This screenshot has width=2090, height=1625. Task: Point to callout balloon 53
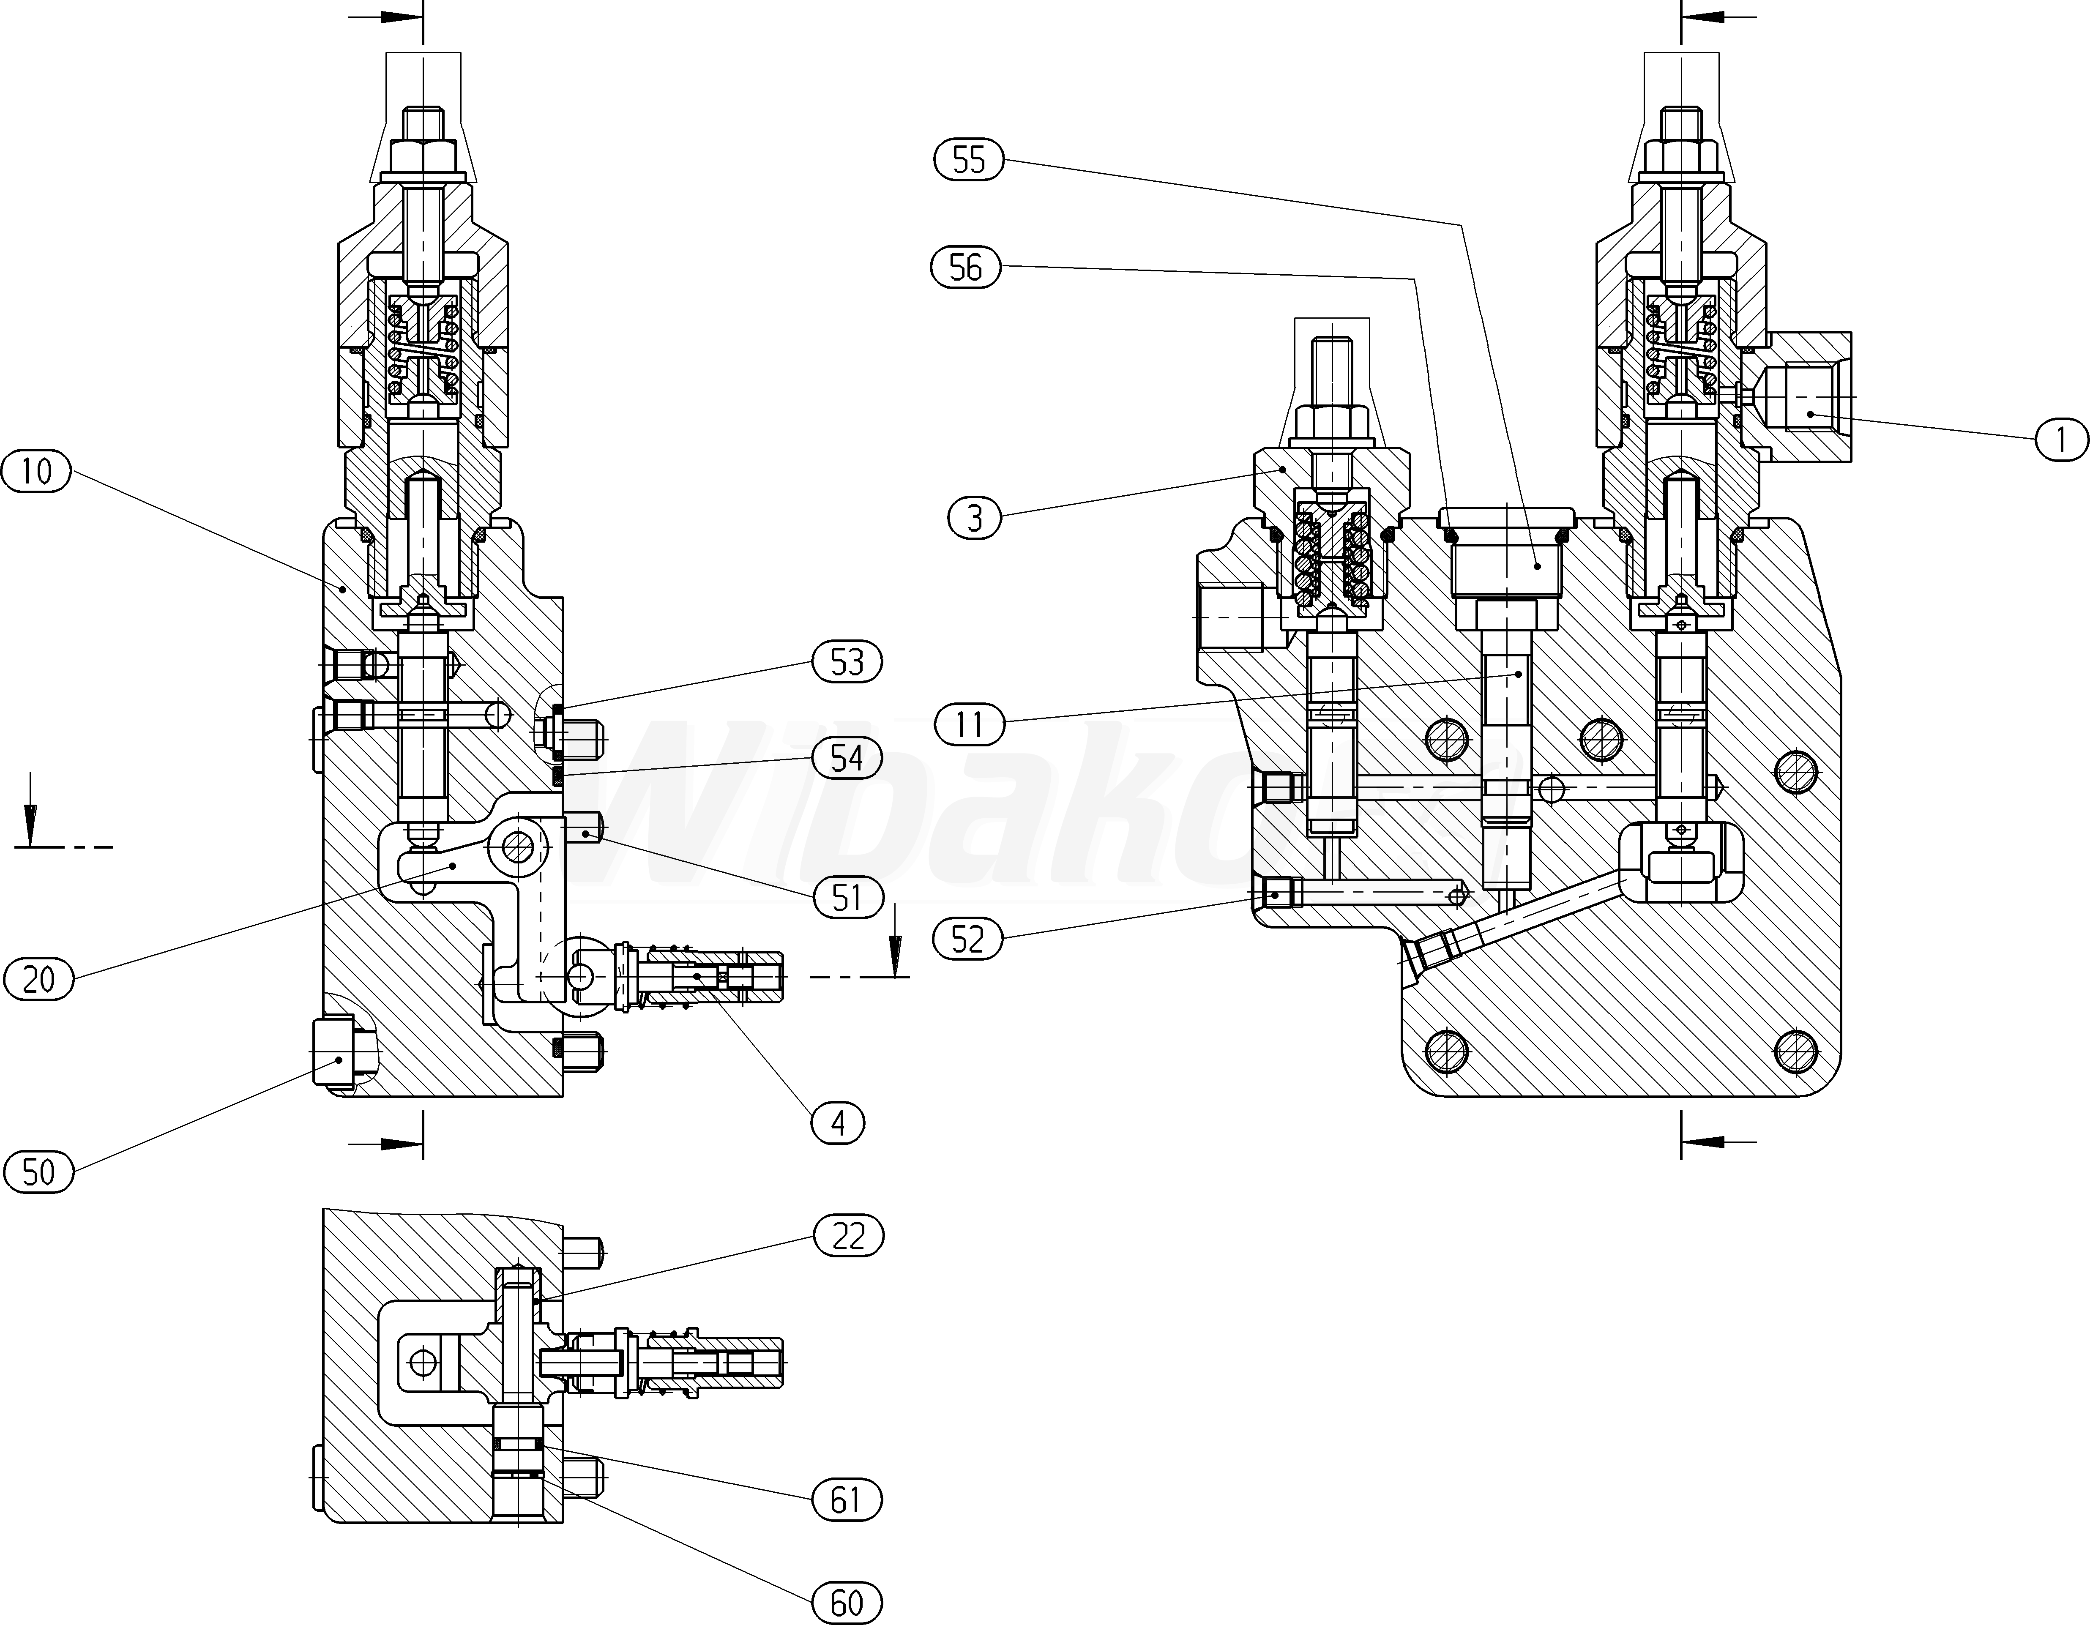(x=847, y=662)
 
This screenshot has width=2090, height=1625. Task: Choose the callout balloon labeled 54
(x=847, y=758)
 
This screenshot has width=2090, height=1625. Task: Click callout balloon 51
(x=847, y=898)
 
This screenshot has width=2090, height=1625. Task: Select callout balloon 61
(x=846, y=1499)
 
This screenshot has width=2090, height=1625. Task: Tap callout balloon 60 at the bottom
(x=846, y=1603)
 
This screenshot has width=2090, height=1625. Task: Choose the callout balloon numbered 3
(x=974, y=519)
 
